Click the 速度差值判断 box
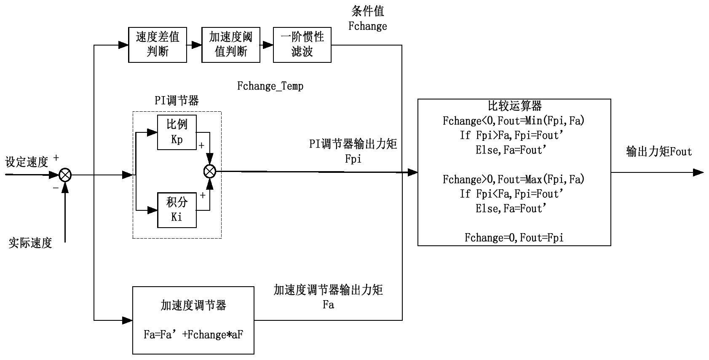point(157,45)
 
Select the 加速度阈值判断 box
point(230,45)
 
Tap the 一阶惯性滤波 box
point(302,45)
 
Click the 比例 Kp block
point(177,132)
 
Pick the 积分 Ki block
point(177,210)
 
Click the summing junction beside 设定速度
point(65,175)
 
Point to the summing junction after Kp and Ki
point(209,171)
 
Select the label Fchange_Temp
point(270,86)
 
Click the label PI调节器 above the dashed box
point(177,101)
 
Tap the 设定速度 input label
point(27,162)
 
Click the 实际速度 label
point(30,243)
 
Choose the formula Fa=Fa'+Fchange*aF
point(193,335)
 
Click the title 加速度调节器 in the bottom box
point(193,305)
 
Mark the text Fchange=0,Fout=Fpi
point(514,238)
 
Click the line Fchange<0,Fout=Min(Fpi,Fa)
point(514,121)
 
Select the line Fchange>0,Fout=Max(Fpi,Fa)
point(514,180)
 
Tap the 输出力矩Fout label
point(659,152)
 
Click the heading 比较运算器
point(514,105)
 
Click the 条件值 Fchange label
point(367,19)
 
